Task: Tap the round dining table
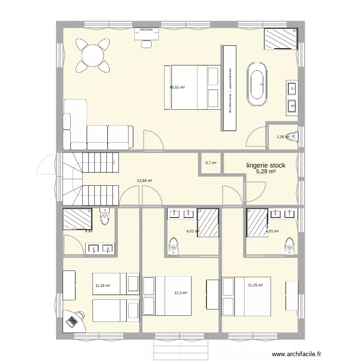[x=92, y=54]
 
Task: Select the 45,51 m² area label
[x=177, y=88]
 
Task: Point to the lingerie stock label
[x=266, y=165]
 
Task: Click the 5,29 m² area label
[x=266, y=171]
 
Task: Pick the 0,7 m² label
[x=211, y=163]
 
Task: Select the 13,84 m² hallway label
[x=144, y=181]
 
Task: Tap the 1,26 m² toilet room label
[x=282, y=137]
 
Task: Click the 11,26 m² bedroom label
[x=103, y=286]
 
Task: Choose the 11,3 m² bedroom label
[x=180, y=293]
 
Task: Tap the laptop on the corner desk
[x=73, y=320]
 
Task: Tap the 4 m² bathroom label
[x=88, y=232]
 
